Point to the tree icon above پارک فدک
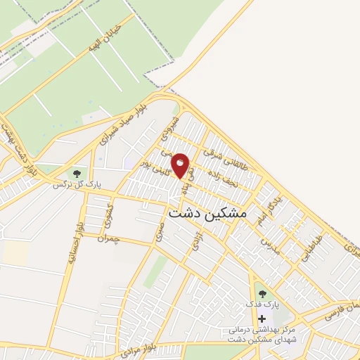pos(262,294)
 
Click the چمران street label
pos(111,239)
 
